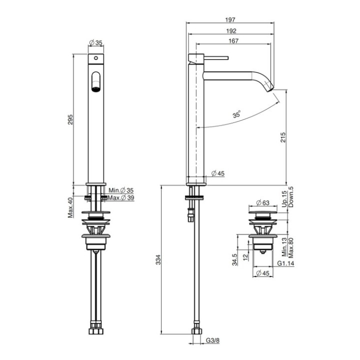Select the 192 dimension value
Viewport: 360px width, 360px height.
tap(231, 30)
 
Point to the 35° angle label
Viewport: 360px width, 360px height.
tap(236, 114)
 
